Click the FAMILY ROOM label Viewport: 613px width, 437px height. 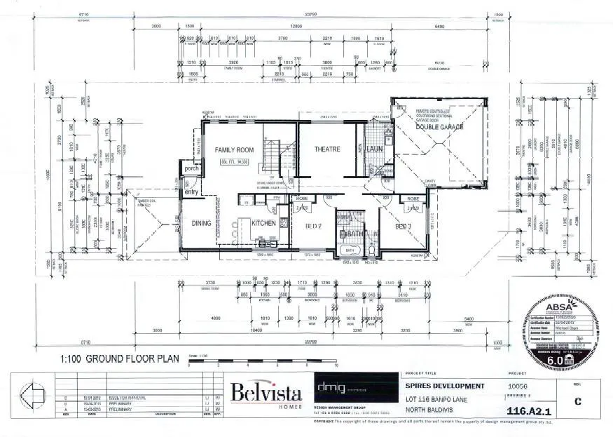[x=234, y=149]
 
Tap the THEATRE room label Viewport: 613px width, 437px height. [x=326, y=149]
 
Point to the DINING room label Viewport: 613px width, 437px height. [x=201, y=224]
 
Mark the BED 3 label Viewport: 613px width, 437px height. [x=401, y=227]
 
